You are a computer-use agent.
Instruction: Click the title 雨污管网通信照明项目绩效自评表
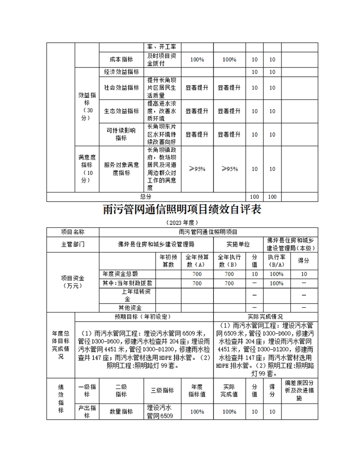pyautogui.click(x=181, y=209)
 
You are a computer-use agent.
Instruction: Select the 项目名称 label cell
pyautogui.click(x=73, y=232)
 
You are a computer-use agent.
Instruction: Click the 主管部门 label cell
pyautogui.click(x=73, y=244)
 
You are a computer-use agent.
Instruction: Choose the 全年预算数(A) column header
pyautogui.click(x=197, y=261)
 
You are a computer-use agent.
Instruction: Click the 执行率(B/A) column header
pyautogui.click(x=276, y=261)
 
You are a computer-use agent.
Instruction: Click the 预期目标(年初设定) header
pyautogui.click(x=143, y=317)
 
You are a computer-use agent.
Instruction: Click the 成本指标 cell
pyautogui.click(x=121, y=60)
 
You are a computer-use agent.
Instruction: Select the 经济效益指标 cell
pyautogui.click(x=121, y=72)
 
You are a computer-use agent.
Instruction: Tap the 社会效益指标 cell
pyautogui.click(x=121, y=88)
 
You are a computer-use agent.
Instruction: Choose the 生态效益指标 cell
pyautogui.click(x=121, y=111)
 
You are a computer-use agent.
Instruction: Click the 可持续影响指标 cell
pyautogui.click(x=121, y=134)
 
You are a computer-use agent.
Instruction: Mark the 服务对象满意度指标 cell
pyautogui.click(x=121, y=169)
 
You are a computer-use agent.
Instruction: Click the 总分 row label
pyautogui.click(x=146, y=197)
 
